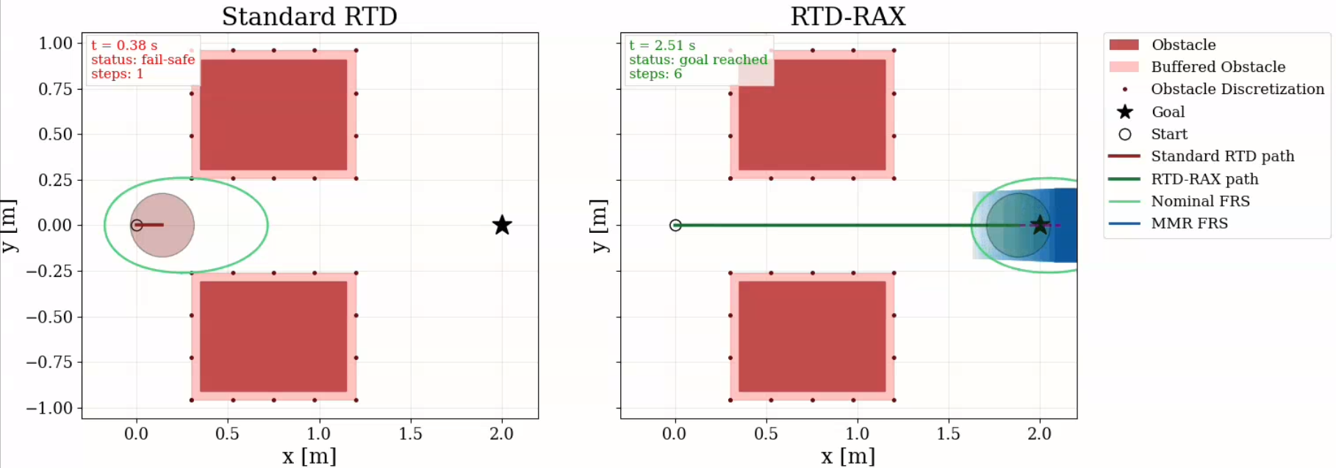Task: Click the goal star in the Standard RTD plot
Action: click(502, 225)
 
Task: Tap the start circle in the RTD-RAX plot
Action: click(675, 225)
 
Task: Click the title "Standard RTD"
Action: click(309, 16)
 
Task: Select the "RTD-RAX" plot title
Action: click(847, 16)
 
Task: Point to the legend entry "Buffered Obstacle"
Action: click(1218, 67)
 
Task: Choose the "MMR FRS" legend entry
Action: click(1189, 223)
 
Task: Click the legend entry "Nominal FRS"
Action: click(1200, 201)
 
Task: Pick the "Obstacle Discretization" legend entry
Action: click(1237, 89)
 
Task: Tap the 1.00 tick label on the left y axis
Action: click(55, 43)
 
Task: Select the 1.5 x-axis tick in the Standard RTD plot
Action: click(410, 433)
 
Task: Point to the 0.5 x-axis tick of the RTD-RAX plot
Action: click(766, 433)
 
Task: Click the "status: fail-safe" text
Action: click(143, 60)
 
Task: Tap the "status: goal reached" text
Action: click(698, 60)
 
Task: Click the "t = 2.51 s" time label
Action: click(662, 46)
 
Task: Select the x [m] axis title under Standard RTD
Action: click(309, 456)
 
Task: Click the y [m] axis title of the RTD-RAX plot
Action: click(600, 226)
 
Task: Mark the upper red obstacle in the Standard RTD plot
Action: click(273, 115)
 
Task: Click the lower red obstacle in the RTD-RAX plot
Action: click(812, 336)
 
